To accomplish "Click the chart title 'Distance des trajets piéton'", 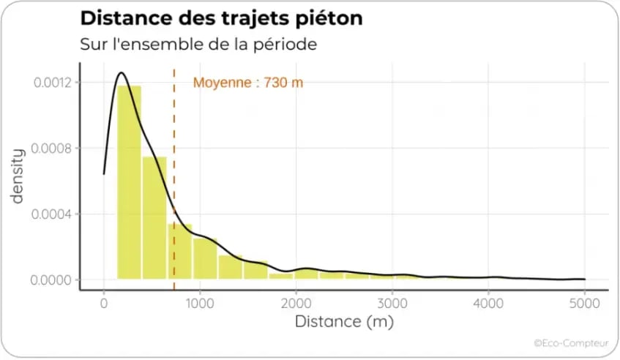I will (220, 18).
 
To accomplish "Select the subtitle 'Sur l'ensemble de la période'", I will (198, 43).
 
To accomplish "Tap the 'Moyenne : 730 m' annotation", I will (248, 83).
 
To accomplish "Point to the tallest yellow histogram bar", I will (129, 183).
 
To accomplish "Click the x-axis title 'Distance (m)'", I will (344, 322).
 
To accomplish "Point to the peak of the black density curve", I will (121, 72).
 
